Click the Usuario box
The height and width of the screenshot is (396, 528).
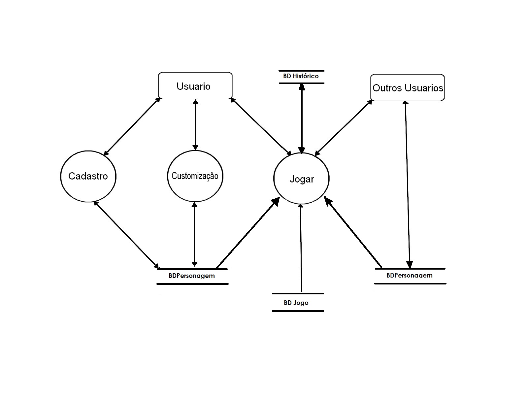pyautogui.click(x=195, y=86)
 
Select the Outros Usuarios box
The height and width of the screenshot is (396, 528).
pyautogui.click(x=408, y=88)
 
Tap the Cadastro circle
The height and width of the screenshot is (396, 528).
pyautogui.click(x=88, y=176)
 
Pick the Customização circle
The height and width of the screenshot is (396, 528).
pyautogui.click(x=195, y=176)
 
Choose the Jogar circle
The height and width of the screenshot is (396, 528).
pyautogui.click(x=302, y=179)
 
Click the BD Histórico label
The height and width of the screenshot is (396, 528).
pyautogui.click(x=301, y=76)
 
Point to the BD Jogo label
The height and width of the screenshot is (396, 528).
pyautogui.click(x=296, y=303)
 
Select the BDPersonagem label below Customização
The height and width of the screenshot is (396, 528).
pyautogui.click(x=192, y=276)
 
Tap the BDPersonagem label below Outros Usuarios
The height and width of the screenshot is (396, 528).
pyautogui.click(x=410, y=276)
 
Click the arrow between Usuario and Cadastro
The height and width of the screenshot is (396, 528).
pyautogui.click(x=132, y=126)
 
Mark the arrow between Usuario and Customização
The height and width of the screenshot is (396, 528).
pyautogui.click(x=195, y=125)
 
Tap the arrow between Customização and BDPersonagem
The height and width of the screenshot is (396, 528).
pyautogui.click(x=194, y=235)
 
